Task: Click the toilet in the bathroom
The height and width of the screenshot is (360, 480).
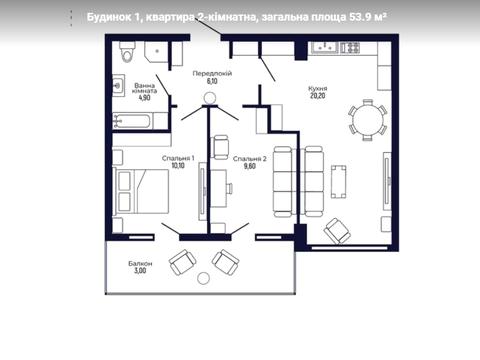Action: (x=127, y=52)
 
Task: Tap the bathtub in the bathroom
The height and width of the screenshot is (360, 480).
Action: (x=133, y=121)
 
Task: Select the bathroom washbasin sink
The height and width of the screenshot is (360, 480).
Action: (x=118, y=86)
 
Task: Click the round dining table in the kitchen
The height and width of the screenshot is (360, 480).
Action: (x=368, y=120)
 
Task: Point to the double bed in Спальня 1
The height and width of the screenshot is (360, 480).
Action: (x=142, y=191)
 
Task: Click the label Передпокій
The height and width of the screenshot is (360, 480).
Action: (x=212, y=73)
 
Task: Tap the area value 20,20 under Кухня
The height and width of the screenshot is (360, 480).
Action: (x=317, y=96)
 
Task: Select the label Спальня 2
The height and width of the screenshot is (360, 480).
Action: (x=250, y=159)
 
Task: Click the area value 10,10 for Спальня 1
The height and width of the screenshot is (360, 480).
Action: (x=178, y=166)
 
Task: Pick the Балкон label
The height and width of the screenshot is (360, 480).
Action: (x=140, y=264)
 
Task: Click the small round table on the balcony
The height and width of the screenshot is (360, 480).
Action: (x=203, y=278)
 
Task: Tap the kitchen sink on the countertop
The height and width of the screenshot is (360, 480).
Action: (x=324, y=47)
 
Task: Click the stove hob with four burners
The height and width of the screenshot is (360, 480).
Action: (x=350, y=47)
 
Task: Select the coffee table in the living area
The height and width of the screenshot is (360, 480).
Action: (x=338, y=182)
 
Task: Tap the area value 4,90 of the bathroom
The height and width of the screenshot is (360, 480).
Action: (x=145, y=98)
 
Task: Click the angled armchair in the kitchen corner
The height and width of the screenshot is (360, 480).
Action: (x=337, y=231)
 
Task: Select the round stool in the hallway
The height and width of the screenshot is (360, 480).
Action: (x=210, y=98)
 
